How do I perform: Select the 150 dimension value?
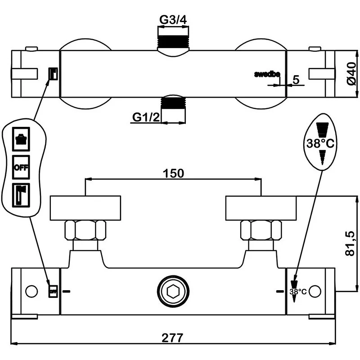click(x=173, y=173)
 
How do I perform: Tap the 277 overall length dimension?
click(x=173, y=337)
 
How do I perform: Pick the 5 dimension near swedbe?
click(x=296, y=80)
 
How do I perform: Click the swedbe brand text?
click(x=267, y=74)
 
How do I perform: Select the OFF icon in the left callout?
click(x=21, y=167)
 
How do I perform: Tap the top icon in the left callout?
click(x=21, y=138)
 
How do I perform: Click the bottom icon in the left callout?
click(x=21, y=194)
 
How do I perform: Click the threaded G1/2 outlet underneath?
click(x=173, y=103)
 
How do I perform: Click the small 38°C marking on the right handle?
click(x=297, y=292)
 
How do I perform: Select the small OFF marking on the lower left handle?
click(x=53, y=292)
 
